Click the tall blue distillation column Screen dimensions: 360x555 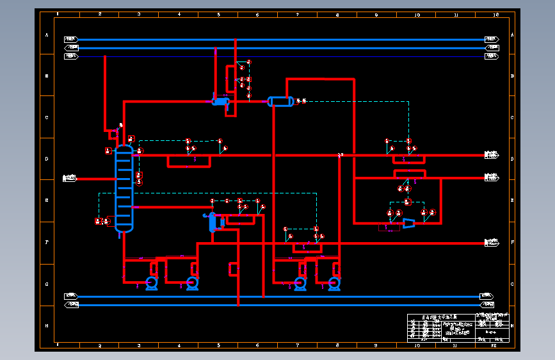[x=124, y=189]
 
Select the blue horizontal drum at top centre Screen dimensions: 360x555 [x=280, y=101]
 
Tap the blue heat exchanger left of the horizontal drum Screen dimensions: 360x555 [x=221, y=101]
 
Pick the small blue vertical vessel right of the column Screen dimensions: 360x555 [x=213, y=222]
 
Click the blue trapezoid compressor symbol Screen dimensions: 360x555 [x=407, y=223]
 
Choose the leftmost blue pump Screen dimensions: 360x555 [x=152, y=282]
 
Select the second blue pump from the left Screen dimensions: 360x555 [x=192, y=282]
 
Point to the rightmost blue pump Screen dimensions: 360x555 [x=334, y=282]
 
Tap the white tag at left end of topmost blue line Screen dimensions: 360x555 [x=71, y=39]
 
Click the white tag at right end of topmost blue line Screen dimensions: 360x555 [x=492, y=39]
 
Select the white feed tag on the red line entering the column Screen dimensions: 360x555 [x=69, y=179]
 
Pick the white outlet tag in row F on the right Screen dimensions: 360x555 [x=492, y=243]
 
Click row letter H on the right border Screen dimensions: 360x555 [x=513, y=326]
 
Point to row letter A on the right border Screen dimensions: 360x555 [x=513, y=35]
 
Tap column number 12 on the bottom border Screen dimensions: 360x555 [x=494, y=345]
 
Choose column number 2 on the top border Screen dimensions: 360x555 [x=99, y=14]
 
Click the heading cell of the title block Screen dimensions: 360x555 [x=441, y=316]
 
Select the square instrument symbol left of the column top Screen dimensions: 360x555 [x=108, y=151]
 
